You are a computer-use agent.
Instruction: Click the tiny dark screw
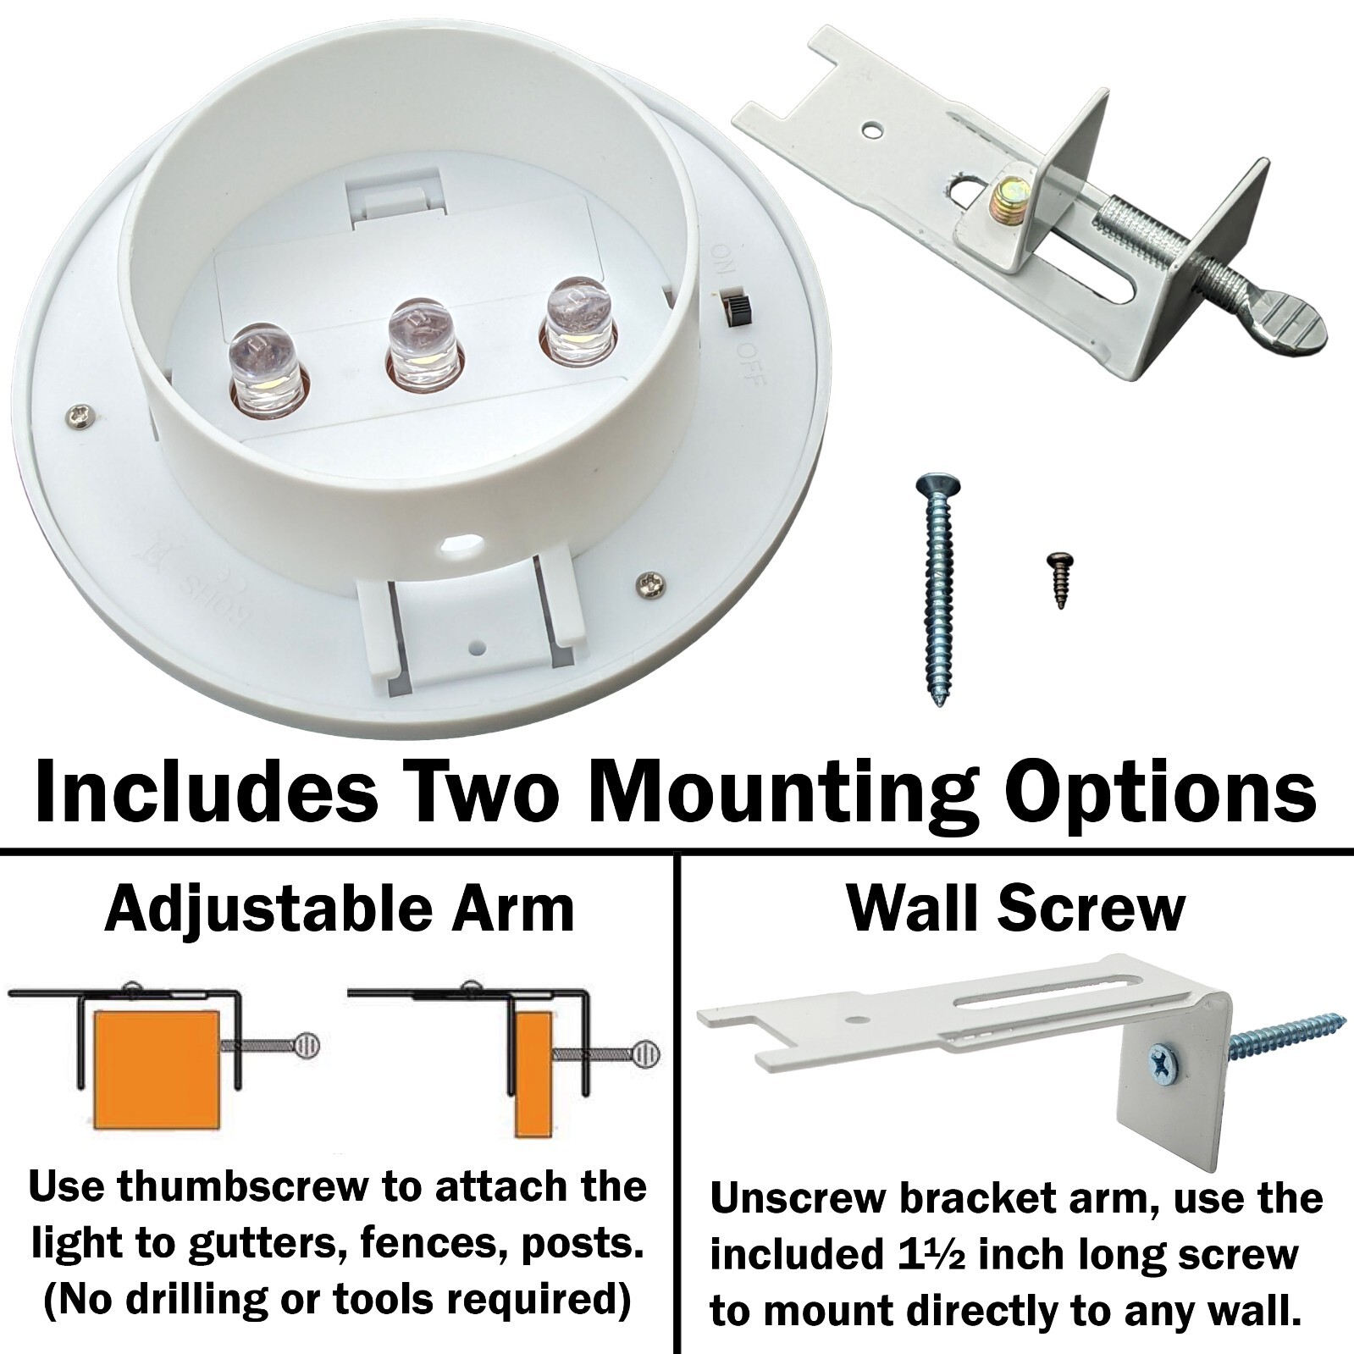(1058, 579)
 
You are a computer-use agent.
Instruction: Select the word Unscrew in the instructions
(794, 1198)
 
